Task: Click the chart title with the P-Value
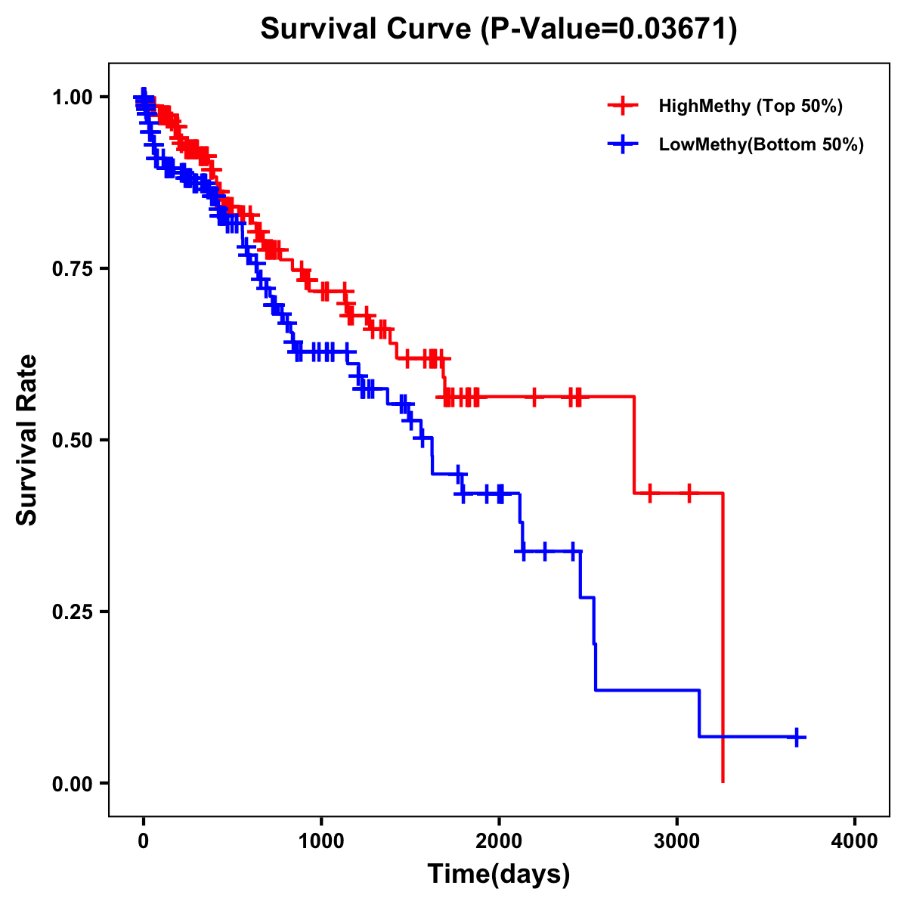coord(499,29)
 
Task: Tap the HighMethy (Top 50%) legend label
coord(751,106)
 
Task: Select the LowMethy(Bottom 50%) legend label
coord(761,144)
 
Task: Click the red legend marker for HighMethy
coord(623,106)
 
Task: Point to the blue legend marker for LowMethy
coord(623,144)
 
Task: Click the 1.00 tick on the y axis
coord(72,98)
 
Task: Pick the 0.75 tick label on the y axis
coord(72,269)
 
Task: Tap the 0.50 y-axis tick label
coord(72,441)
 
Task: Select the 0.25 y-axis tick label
coord(72,612)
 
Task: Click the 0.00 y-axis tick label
coord(72,784)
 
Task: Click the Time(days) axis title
coord(499,874)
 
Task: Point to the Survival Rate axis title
coord(27,440)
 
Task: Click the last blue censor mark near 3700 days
coord(796,737)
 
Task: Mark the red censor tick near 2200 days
coord(534,397)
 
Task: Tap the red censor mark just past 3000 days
coord(689,494)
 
